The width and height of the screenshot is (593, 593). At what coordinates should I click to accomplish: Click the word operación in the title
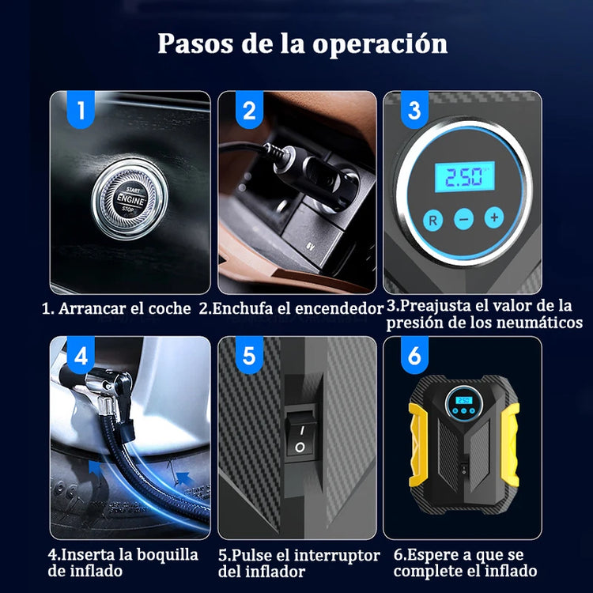[x=380, y=44]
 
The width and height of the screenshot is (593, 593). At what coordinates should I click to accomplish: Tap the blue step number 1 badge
[x=81, y=109]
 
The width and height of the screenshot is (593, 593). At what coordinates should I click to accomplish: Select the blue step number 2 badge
[x=249, y=109]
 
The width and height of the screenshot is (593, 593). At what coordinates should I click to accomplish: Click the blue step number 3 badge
[x=414, y=109]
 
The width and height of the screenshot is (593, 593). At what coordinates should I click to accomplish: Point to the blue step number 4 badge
[x=81, y=355]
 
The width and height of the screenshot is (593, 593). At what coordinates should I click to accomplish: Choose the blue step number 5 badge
[x=249, y=355]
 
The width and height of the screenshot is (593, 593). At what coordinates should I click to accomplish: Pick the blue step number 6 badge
[x=414, y=355]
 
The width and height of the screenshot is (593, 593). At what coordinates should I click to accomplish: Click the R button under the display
[x=433, y=220]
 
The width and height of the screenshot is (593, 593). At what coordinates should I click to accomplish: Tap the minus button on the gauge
[x=463, y=218]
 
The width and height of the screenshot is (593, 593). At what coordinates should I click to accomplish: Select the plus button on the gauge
[x=494, y=217]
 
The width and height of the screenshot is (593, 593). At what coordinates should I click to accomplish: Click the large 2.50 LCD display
[x=464, y=176]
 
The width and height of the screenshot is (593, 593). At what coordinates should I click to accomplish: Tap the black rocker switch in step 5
[x=300, y=437]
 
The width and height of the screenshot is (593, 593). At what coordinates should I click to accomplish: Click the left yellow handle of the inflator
[x=418, y=444]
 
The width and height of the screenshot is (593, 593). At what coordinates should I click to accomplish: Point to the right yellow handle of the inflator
[x=510, y=444]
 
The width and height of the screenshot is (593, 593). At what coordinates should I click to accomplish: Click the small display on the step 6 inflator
[x=464, y=400]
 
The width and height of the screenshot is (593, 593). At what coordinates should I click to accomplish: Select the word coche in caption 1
[x=169, y=308]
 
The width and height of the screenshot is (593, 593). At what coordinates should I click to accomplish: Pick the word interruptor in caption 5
[x=337, y=556]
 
